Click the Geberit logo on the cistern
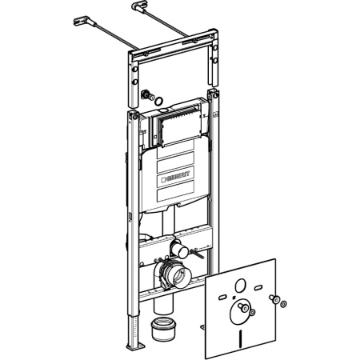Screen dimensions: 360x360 [x=176, y=177]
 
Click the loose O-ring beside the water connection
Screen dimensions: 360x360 [x=159, y=101]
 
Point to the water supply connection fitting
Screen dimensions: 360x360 [x=147, y=95]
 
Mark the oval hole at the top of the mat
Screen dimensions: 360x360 [x=240, y=286]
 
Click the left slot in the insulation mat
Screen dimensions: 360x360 [x=223, y=298]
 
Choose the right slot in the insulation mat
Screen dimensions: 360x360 [x=258, y=288]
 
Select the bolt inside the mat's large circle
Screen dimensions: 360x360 [x=243, y=308]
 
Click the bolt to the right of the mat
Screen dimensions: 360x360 [x=274, y=298]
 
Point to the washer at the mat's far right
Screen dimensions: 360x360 [x=284, y=304]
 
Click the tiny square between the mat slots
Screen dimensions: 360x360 [x=234, y=298]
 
